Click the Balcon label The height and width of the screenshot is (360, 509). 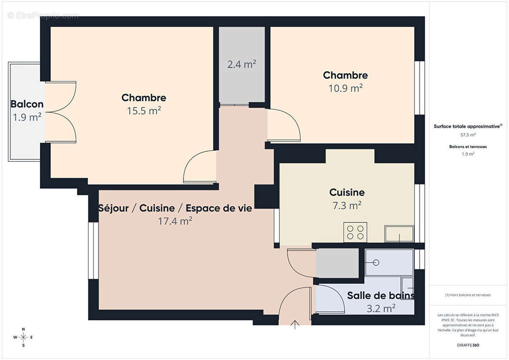(27, 104)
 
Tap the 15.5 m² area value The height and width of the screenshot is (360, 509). (144, 111)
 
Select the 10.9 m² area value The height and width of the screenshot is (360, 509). (345, 88)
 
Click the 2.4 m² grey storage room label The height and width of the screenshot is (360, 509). (242, 64)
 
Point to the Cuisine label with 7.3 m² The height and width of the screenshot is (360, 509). (347, 192)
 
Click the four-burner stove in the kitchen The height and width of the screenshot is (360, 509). (355, 232)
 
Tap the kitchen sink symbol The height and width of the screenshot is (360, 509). (399, 234)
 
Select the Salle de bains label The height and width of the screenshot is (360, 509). (381, 295)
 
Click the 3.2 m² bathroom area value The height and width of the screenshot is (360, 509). (381, 308)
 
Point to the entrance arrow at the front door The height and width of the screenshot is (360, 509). (295, 324)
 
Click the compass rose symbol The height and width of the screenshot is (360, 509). (23, 337)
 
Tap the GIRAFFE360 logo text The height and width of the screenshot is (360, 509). (468, 345)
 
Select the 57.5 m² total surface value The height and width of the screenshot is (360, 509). (468, 135)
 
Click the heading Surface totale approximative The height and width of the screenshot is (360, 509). (468, 126)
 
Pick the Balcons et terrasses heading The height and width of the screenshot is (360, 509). (468, 147)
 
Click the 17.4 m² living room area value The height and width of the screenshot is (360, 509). (175, 221)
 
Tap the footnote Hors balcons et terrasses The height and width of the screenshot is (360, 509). (468, 295)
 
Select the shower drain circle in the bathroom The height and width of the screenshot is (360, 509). (376, 263)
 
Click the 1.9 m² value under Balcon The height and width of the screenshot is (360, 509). (27, 117)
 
